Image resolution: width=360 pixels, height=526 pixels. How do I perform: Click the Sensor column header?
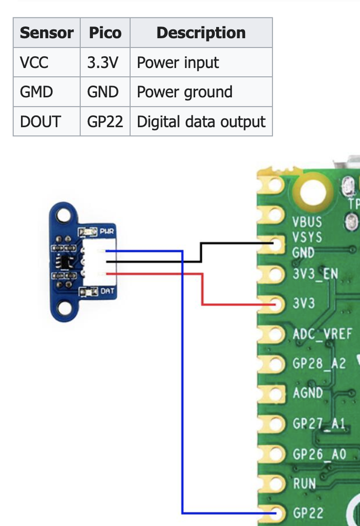46,33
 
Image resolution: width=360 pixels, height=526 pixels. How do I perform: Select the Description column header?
201,33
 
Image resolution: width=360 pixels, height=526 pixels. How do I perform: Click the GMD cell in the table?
36,92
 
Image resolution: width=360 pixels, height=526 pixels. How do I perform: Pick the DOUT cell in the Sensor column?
40,121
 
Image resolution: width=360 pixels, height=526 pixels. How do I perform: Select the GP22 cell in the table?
105,121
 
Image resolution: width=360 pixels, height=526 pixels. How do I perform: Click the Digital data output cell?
201,121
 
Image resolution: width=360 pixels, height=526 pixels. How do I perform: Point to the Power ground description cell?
184,92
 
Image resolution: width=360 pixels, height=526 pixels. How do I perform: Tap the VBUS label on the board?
307,221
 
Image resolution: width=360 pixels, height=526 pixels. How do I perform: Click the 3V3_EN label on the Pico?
315,274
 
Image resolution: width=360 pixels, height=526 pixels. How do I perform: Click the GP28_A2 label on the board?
319,363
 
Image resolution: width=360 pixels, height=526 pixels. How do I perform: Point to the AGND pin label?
307,393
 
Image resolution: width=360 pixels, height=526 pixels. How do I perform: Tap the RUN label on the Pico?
304,483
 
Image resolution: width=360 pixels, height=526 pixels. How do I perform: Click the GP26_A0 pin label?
319,454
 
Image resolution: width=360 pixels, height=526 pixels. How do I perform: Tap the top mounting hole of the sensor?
62,215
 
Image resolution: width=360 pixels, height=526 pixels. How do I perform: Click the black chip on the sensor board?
65,261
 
